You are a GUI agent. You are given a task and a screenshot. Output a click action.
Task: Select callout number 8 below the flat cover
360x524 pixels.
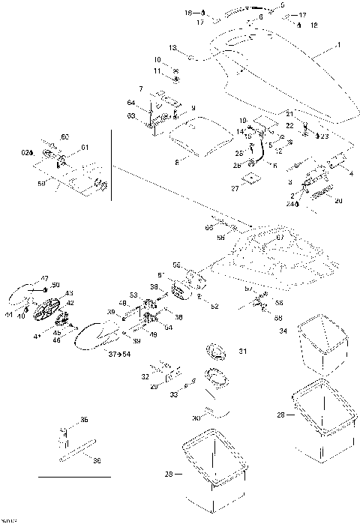[x=176, y=160]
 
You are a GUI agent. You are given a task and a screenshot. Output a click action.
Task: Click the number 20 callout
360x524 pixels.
[x=338, y=201]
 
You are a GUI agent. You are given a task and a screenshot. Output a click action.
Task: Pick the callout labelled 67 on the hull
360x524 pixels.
[x=280, y=238]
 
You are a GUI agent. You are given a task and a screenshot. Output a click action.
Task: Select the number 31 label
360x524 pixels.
[x=242, y=351]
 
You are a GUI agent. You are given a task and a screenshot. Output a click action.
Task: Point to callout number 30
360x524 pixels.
[x=196, y=418]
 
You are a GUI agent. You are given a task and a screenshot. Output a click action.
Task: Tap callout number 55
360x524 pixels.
[x=178, y=265]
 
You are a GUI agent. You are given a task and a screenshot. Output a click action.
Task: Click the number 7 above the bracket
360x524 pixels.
[x=140, y=90]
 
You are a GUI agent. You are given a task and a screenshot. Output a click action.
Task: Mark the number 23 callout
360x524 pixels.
[x=324, y=136]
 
